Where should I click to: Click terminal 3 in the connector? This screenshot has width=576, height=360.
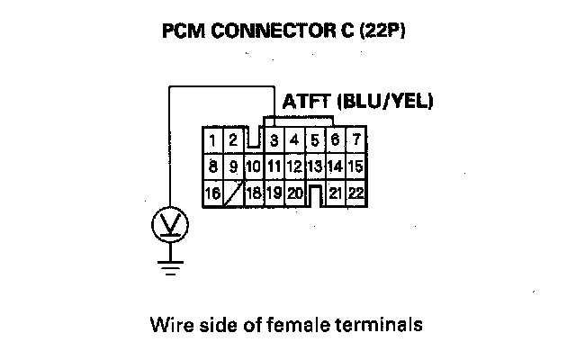(273, 140)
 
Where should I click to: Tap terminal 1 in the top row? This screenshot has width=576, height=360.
(212, 140)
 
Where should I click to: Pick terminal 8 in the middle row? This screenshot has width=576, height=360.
(212, 166)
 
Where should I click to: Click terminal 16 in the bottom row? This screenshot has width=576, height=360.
(213, 193)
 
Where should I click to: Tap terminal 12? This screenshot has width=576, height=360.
(294, 166)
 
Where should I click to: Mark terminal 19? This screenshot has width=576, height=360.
(273, 193)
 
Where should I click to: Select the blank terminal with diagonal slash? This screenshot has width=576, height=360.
(233, 193)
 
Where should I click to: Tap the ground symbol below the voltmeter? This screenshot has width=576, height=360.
(167, 263)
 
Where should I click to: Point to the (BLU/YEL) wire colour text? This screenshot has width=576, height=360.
(385, 102)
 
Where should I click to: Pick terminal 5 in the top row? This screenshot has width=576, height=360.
(315, 140)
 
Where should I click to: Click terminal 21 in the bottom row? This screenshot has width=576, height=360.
(335, 193)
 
